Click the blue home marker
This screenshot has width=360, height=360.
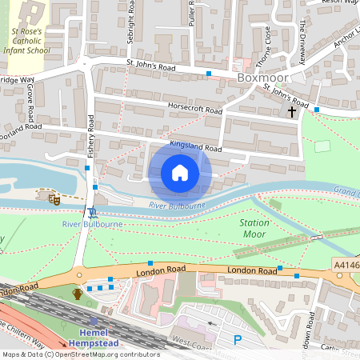[180, 173]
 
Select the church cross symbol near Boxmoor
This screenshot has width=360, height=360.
[292, 112]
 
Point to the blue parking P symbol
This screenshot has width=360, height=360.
[237, 340]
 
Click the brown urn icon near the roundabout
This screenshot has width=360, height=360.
[78, 294]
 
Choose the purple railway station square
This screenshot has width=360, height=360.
[94, 320]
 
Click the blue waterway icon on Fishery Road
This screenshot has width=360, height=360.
[94, 211]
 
